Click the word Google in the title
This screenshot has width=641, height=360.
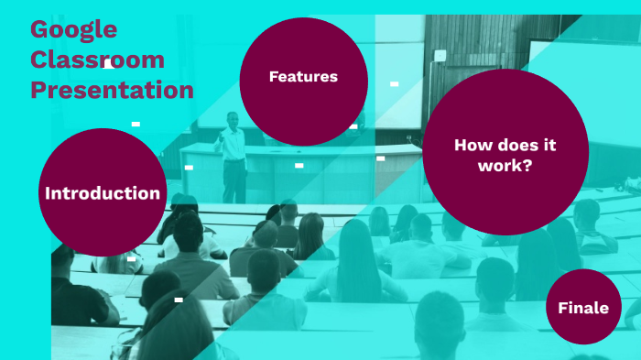(x=73, y=29)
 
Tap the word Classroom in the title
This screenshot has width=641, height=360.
(x=97, y=60)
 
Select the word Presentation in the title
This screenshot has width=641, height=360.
(x=112, y=90)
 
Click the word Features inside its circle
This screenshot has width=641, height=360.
(x=303, y=77)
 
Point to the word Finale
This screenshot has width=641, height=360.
(x=583, y=309)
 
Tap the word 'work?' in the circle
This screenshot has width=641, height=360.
(x=505, y=166)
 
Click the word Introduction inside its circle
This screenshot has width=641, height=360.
(x=103, y=193)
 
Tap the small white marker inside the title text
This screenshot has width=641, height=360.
(x=108, y=65)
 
